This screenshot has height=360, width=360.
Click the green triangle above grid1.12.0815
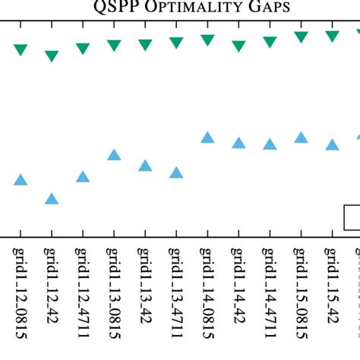21,50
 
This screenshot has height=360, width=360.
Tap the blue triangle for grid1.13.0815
114,155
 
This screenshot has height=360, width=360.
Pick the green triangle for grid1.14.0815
207,39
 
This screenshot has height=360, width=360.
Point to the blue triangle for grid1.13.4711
176,172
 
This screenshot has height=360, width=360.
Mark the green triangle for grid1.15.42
332,36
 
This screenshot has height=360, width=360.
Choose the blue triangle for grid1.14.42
238,143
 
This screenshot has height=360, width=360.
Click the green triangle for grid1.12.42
52,55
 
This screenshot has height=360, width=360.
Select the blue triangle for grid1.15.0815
301,137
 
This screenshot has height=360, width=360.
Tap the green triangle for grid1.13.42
145,45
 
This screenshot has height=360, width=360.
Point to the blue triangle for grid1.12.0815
21,180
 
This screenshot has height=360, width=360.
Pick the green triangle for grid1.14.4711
270,43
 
